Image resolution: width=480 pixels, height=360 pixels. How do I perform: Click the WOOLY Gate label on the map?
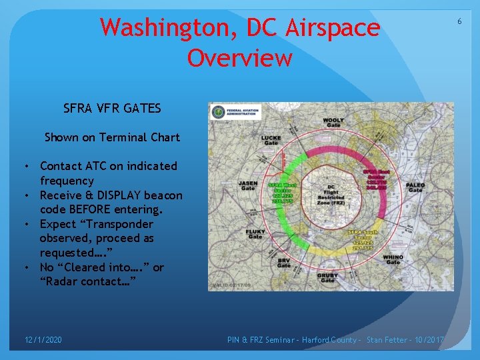(x=334, y=122)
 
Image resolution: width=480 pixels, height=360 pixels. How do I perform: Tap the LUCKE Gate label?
(x=271, y=139)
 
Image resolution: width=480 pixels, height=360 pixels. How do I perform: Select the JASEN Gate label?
(x=248, y=185)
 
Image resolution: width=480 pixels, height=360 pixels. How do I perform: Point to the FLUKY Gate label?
(x=255, y=234)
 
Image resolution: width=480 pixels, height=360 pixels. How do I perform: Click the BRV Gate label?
(x=284, y=263)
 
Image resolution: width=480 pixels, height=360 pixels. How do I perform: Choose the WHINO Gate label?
(x=393, y=259)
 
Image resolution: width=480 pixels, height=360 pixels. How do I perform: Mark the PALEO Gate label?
(x=415, y=187)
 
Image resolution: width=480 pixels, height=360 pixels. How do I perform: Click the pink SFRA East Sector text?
(x=375, y=178)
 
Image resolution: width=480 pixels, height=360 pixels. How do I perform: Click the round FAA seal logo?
(x=218, y=112)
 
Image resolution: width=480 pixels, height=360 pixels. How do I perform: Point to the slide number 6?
(x=459, y=22)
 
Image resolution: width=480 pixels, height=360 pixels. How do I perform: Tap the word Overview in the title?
(x=239, y=58)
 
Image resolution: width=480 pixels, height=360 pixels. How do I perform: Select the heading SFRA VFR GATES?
(x=112, y=108)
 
